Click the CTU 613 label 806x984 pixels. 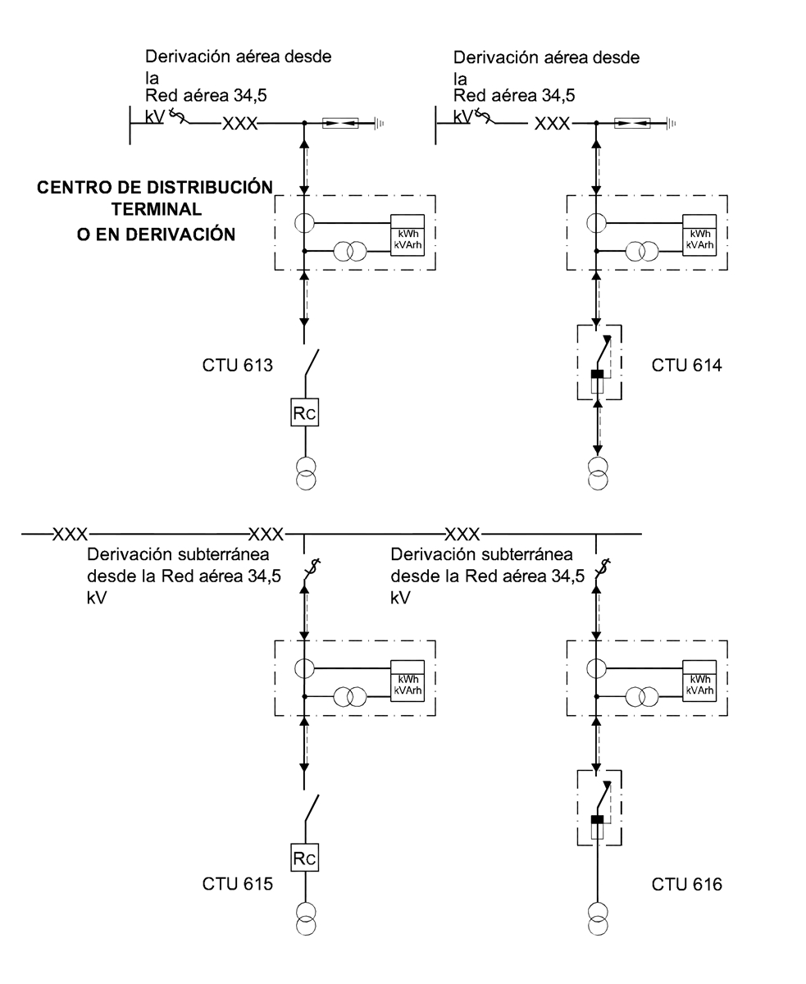237,366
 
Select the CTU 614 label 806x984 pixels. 686,366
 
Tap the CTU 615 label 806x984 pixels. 237,884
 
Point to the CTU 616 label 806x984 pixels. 686,884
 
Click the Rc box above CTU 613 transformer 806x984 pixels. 304,412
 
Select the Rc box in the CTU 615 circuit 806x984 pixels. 304,859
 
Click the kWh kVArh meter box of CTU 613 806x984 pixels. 408,235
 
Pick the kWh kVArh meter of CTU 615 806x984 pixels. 408,680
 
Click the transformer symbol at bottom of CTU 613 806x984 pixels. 304,474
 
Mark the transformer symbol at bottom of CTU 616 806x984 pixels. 598,918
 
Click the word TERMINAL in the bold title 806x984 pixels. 157,211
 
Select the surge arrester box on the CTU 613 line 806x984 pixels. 339,124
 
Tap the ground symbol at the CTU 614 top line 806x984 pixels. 670,124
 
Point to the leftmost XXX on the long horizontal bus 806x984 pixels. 70,535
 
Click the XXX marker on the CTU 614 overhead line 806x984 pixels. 552,124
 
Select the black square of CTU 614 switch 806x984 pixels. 597,375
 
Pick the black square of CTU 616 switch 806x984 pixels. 597,819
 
